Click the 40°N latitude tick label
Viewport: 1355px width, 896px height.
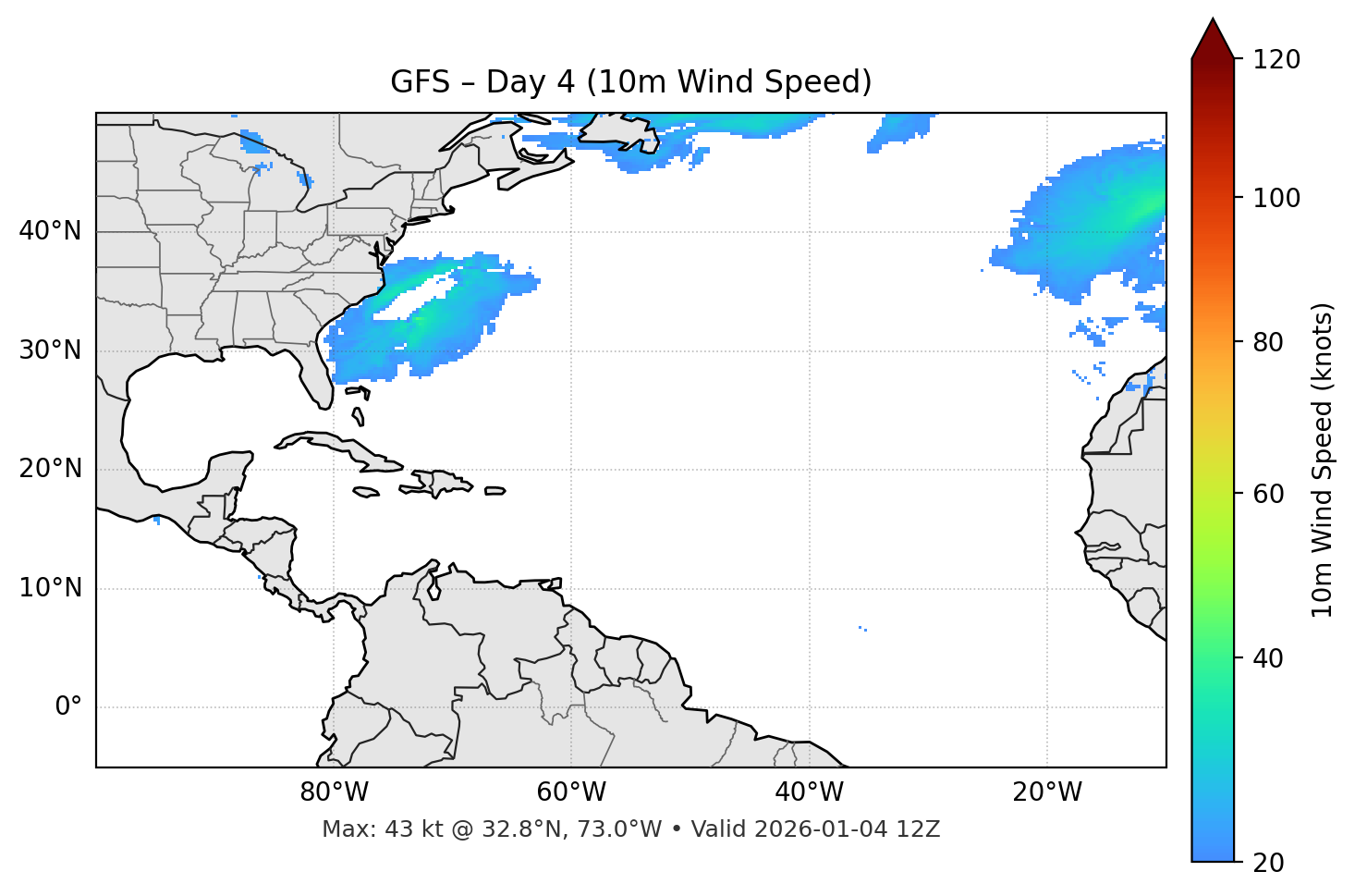pos(50,231)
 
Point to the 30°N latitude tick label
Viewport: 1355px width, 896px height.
pos(50,350)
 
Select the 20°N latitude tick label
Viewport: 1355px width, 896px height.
pos(50,469)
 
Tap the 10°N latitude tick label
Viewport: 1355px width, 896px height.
pos(50,588)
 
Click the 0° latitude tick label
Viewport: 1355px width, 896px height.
pos(67,707)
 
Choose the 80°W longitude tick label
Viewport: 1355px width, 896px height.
pos(334,792)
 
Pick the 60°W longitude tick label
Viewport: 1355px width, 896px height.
pos(571,792)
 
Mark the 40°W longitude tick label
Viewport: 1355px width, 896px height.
pos(809,792)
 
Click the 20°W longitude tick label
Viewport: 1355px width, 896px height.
pos(1046,792)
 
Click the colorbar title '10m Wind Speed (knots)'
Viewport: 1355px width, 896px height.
pos(1323,460)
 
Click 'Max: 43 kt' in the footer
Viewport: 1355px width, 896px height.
pos(367,829)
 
